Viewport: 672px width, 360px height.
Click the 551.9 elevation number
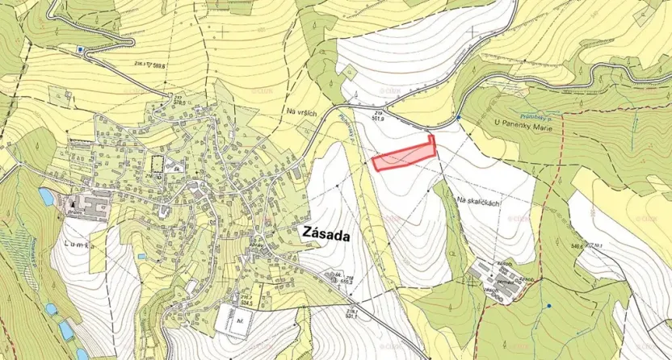pos(377,118)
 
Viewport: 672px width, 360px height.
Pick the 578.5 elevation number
pos(178,102)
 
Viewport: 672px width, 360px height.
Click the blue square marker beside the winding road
pos(80,48)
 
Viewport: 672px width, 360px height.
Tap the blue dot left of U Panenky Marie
pos(459,118)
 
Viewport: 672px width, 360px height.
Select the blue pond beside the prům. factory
pos(45,196)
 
